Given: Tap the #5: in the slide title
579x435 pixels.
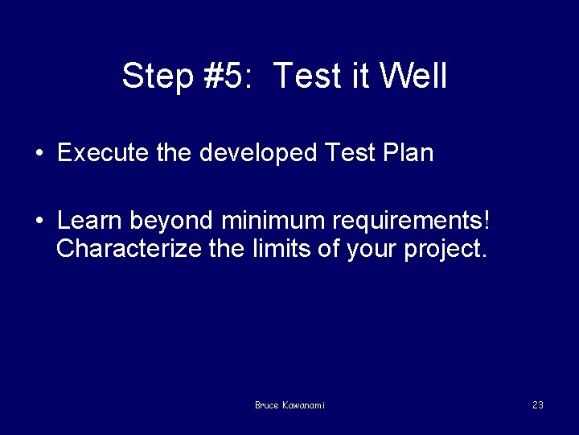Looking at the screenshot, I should click(x=227, y=77).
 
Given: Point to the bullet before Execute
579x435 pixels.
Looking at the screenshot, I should click(x=39, y=154).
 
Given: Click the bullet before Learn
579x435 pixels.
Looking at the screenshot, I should click(x=39, y=220).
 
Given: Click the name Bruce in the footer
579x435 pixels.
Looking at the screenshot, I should click(x=266, y=405).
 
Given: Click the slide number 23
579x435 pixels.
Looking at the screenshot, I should click(x=537, y=405).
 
